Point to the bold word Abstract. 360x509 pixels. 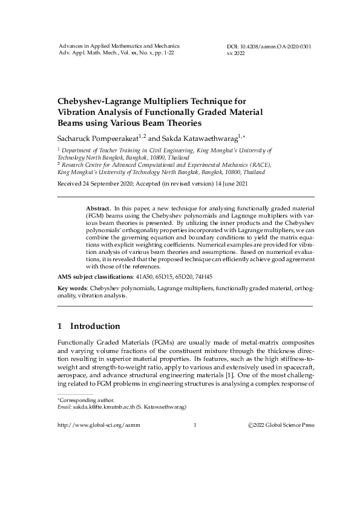(x=98, y=207)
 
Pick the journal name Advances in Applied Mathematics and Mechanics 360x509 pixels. (x=119, y=46)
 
